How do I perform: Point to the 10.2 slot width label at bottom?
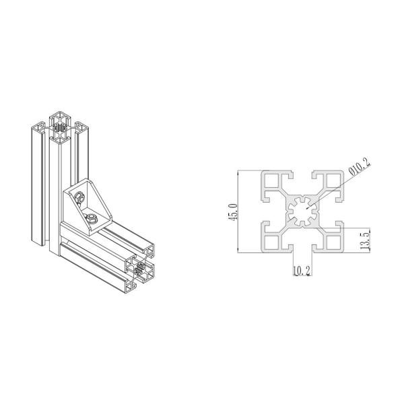[301, 271]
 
